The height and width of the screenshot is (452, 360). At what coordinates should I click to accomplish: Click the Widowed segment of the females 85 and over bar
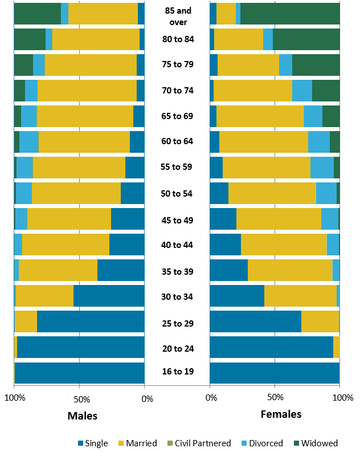pos(290,14)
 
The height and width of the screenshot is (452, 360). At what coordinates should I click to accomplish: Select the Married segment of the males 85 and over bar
pos(103,14)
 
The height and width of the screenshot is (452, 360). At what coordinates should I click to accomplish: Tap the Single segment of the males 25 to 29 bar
pos(91,321)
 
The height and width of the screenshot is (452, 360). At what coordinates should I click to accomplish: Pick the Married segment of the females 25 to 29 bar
pos(320,321)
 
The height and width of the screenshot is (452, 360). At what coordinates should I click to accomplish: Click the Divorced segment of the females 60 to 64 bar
pos(319,142)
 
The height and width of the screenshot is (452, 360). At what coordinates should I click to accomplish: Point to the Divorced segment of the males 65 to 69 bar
pos(29,116)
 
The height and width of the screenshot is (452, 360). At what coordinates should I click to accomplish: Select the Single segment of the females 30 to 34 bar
pos(237,296)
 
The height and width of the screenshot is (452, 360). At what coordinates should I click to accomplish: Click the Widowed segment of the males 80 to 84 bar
pos(30,39)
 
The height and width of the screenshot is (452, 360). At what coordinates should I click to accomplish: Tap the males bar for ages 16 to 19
pos(79,373)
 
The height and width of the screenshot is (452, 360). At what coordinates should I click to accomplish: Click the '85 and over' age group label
pos(178,16)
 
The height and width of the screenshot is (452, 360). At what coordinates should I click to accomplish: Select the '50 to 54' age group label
pos(177,194)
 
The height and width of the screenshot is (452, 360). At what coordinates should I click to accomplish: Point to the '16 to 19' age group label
pos(177,372)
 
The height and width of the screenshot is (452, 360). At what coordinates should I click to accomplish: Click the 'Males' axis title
pos(83,416)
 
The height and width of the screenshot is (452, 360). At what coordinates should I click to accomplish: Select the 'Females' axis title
pos(281,414)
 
